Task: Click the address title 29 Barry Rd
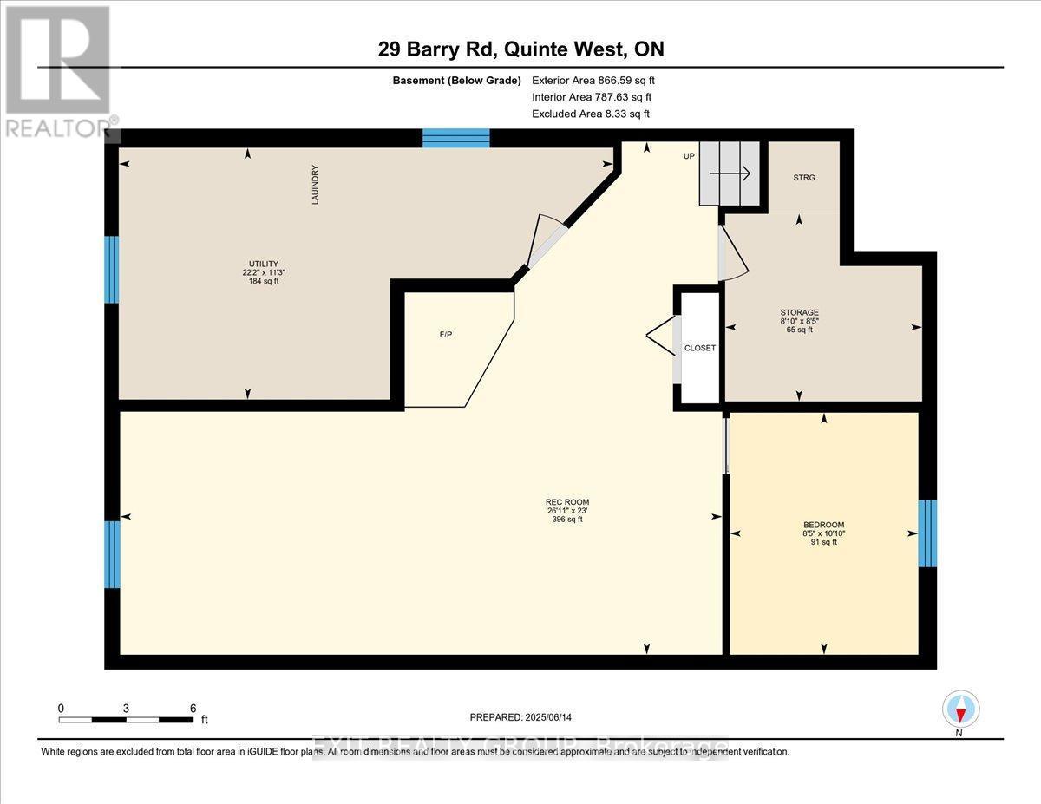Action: (520, 49)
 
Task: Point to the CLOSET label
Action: (700, 348)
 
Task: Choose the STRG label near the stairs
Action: (803, 178)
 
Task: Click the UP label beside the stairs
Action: (689, 156)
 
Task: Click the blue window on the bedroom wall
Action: (927, 533)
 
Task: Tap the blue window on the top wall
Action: (456, 138)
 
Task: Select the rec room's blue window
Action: (113, 554)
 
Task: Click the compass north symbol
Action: (960, 709)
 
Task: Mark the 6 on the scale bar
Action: (193, 708)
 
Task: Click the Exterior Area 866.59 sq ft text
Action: (593, 81)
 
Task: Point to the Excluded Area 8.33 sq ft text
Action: (590, 114)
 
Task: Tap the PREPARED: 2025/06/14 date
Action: (522, 717)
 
